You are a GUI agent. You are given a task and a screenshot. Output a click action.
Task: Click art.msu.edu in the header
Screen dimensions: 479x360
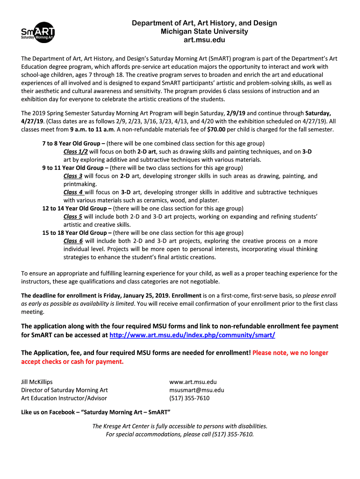pos(204,40)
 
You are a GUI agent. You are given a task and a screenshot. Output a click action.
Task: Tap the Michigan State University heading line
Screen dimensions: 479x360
pos(204,32)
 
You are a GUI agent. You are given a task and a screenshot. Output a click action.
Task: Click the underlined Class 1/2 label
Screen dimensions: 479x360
pos(75,152)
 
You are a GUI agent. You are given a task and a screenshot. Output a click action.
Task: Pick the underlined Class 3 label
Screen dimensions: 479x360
pos(73,176)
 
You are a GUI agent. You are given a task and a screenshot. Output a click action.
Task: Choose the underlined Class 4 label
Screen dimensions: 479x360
pos(73,192)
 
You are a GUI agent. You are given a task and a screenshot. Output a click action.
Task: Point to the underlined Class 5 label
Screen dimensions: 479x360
pos(73,217)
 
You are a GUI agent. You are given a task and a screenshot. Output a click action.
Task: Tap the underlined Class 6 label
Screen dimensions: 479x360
pos(73,241)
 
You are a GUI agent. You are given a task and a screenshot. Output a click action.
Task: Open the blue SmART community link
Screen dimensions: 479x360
pos(192,335)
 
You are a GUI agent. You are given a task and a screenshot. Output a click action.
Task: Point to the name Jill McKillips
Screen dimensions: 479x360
pos(37,382)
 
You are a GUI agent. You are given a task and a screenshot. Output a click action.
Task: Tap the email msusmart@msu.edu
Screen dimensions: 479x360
pos(197,390)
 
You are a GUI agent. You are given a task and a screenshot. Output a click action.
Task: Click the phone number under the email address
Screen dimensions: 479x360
pos(189,398)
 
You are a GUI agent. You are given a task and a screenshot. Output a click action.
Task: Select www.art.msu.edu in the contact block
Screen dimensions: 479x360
pos(193,382)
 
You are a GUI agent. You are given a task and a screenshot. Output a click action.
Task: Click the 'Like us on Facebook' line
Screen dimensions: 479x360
pos(96,412)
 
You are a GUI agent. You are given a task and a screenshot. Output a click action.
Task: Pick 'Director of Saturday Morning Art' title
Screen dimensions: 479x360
pos(65,390)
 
